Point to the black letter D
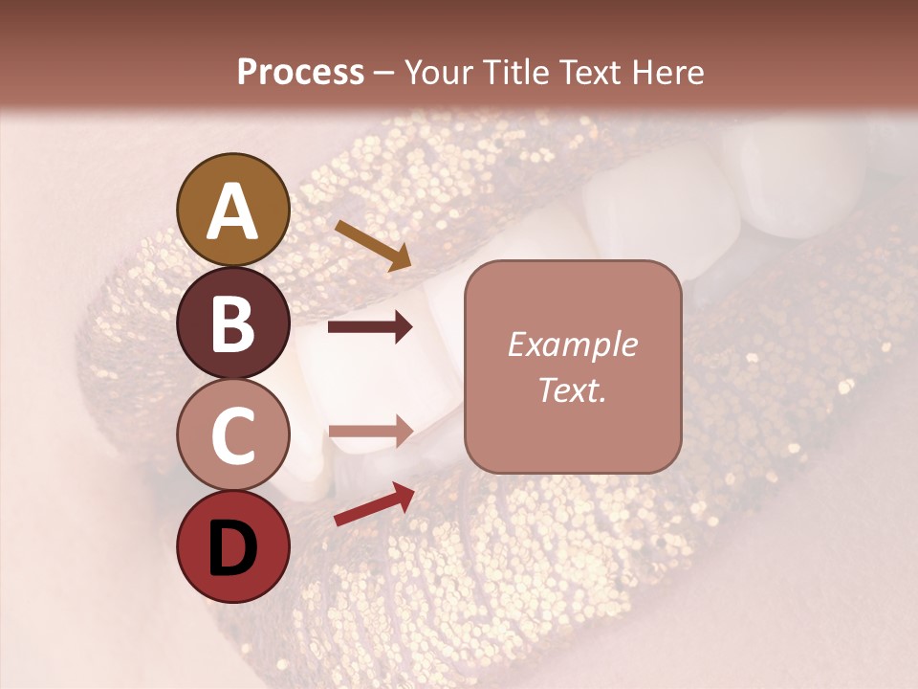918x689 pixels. [232, 548]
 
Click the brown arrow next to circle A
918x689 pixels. [372, 245]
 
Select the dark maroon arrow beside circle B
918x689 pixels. [370, 327]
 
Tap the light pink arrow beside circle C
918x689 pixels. [370, 431]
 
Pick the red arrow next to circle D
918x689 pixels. [374, 504]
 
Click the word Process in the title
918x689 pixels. [300, 72]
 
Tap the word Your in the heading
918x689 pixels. [437, 72]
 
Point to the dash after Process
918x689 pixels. [384, 73]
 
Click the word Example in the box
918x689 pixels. [572, 344]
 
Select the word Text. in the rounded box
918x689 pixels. [572, 390]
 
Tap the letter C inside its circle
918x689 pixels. [232, 435]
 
